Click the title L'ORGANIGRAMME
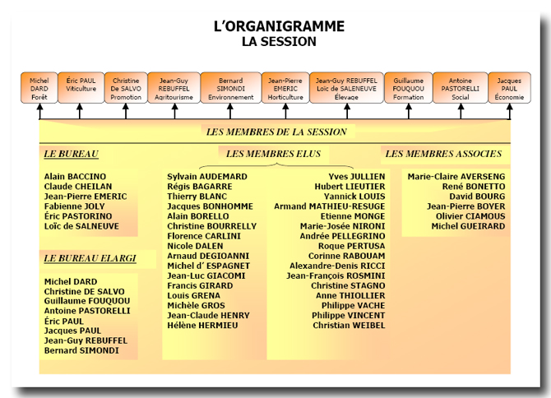[279, 26]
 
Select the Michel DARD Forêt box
[39, 88]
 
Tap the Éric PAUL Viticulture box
[81, 88]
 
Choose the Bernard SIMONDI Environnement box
[230, 88]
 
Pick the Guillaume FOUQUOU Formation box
[409, 88]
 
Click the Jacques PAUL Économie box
[509, 88]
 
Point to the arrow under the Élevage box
[347, 111]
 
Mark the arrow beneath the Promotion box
[126, 111]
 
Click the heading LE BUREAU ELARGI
[90, 258]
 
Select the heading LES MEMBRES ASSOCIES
[443, 154]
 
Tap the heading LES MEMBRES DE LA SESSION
[276, 132]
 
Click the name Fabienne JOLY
[75, 206]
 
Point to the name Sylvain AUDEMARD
[207, 176]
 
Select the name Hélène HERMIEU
[202, 326]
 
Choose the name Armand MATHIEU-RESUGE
[330, 206]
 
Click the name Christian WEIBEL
[349, 326]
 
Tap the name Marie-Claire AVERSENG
[456, 176]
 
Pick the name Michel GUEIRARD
[468, 226]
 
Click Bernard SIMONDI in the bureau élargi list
[81, 350]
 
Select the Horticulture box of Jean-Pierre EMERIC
[285, 88]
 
